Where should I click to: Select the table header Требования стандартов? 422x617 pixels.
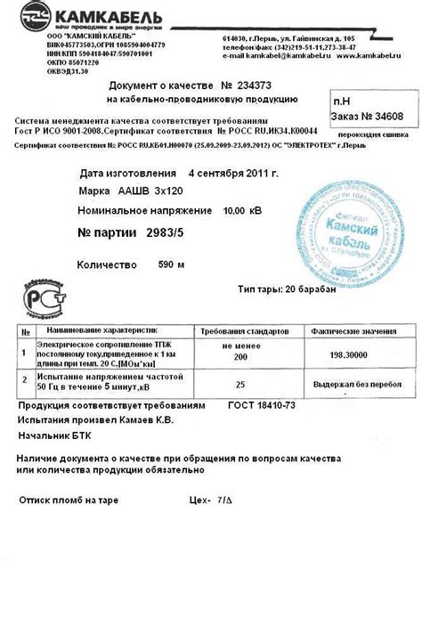240,330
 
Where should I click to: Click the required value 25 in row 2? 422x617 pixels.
240,385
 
